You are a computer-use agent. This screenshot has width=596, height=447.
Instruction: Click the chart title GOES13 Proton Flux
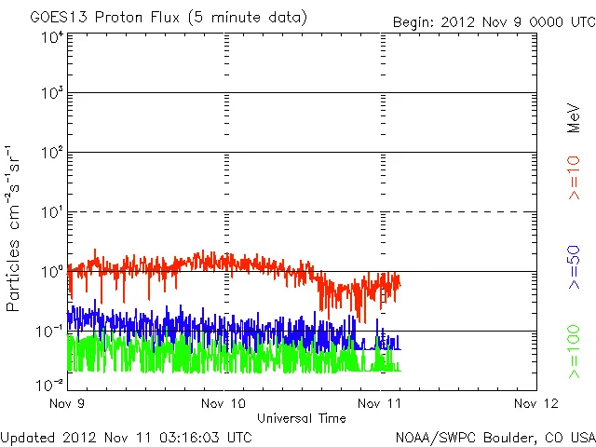168,18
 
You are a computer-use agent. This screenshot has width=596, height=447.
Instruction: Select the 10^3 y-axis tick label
52,94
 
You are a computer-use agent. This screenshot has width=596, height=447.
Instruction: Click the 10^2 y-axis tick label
52,153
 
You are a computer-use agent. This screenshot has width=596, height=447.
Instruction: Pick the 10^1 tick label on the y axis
52,212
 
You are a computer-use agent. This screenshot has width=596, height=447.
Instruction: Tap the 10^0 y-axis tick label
52,272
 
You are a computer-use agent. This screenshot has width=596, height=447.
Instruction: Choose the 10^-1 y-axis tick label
50,332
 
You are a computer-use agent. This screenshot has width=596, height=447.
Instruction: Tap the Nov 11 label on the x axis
380,403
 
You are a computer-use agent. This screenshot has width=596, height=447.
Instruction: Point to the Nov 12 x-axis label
535,403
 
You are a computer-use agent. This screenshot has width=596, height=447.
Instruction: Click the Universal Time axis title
302,418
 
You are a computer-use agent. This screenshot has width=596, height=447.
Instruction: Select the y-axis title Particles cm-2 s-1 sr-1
16,228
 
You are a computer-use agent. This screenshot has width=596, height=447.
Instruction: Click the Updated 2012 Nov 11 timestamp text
127,436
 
